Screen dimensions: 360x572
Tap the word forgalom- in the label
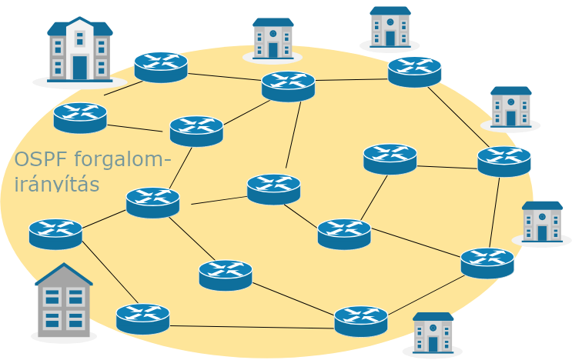point(119,160)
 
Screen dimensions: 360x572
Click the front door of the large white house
point(80,67)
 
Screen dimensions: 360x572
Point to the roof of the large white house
point(80,28)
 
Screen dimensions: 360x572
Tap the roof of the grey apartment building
point(64,276)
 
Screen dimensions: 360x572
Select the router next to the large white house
point(161,66)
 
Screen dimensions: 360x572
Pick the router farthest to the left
point(55,233)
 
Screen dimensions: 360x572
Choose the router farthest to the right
point(504,161)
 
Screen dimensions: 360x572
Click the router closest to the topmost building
point(415,71)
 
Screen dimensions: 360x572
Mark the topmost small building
point(390,26)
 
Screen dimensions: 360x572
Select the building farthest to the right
point(542,222)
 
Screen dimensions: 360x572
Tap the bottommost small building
point(433,332)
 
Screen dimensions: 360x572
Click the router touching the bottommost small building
point(361,320)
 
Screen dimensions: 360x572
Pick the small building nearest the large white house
point(273,38)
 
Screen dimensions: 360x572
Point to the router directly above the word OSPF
point(80,117)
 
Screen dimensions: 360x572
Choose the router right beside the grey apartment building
point(142,318)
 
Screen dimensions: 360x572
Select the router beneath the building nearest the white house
point(288,85)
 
